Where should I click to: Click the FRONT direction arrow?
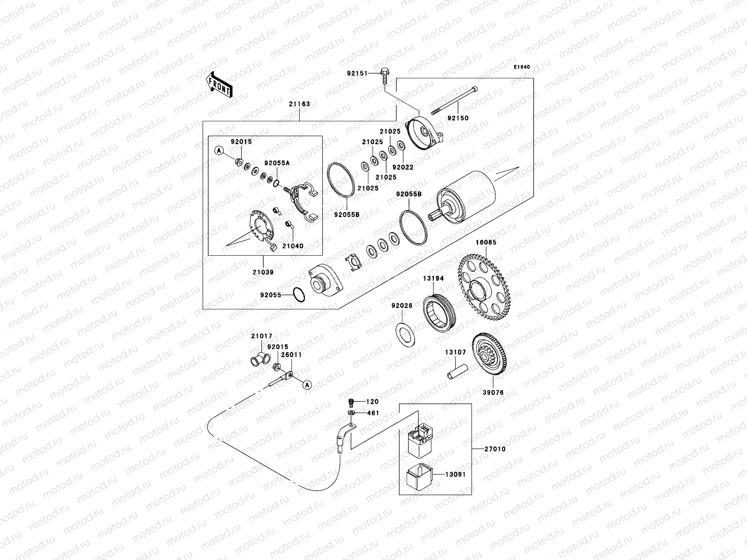tap(219, 84)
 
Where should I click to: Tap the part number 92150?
tap(458, 118)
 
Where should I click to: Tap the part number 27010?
tap(494, 449)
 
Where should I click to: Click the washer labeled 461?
tap(351, 413)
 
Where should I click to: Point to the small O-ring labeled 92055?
tap(299, 295)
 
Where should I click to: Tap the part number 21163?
tap(299, 104)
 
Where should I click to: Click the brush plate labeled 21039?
tap(261, 229)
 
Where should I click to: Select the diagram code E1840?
tap(522, 67)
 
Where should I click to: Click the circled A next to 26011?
tap(306, 385)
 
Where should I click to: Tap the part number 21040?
tap(292, 245)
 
